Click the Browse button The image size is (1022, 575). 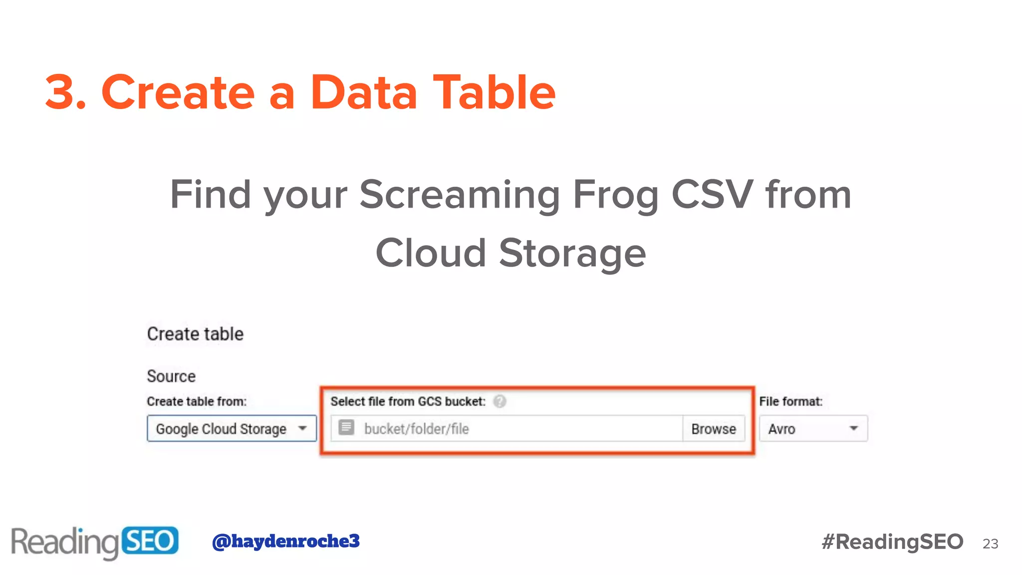[713, 429]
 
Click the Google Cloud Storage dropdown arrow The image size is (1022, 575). [302, 428]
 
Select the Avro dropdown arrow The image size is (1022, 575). [853, 428]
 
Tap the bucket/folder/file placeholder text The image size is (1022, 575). [416, 429]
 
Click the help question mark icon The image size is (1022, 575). [500, 401]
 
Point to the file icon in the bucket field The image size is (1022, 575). [346, 428]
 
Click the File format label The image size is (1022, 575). [790, 401]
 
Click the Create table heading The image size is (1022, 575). [195, 334]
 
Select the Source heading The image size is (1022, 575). [171, 376]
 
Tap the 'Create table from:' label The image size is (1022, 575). [197, 401]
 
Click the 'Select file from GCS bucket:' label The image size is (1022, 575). [408, 401]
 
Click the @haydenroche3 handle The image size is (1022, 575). [286, 541]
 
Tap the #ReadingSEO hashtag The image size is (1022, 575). [892, 542]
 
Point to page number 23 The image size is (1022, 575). [990, 544]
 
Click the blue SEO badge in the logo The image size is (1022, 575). [150, 541]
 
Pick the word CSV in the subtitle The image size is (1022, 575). [712, 195]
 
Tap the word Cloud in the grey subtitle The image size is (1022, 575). [431, 253]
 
